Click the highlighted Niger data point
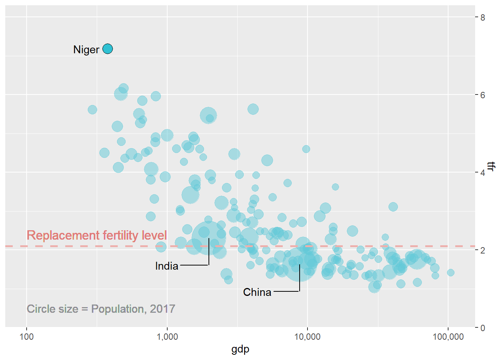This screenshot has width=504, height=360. (x=108, y=49)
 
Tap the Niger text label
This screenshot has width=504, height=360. (x=86, y=49)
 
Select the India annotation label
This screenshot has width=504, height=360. (x=166, y=266)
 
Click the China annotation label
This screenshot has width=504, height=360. (x=257, y=292)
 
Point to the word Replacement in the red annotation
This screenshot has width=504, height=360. (x=56, y=235)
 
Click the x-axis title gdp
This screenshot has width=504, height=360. (x=240, y=349)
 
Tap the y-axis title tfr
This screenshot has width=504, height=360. (x=492, y=166)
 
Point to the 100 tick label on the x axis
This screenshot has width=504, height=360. (x=26, y=337)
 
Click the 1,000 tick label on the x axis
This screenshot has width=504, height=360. (x=167, y=337)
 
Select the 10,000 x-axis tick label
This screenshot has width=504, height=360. (x=307, y=337)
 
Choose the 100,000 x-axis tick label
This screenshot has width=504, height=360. (x=448, y=337)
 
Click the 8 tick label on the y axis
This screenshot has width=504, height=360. (x=483, y=17)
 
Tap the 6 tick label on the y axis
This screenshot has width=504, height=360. (x=483, y=95)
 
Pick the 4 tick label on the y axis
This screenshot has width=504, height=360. (x=483, y=172)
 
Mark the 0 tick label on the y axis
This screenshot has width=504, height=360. (x=483, y=328)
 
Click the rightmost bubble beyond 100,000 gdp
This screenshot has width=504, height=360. (x=451, y=273)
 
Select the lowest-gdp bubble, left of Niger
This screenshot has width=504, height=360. (x=92, y=109)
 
